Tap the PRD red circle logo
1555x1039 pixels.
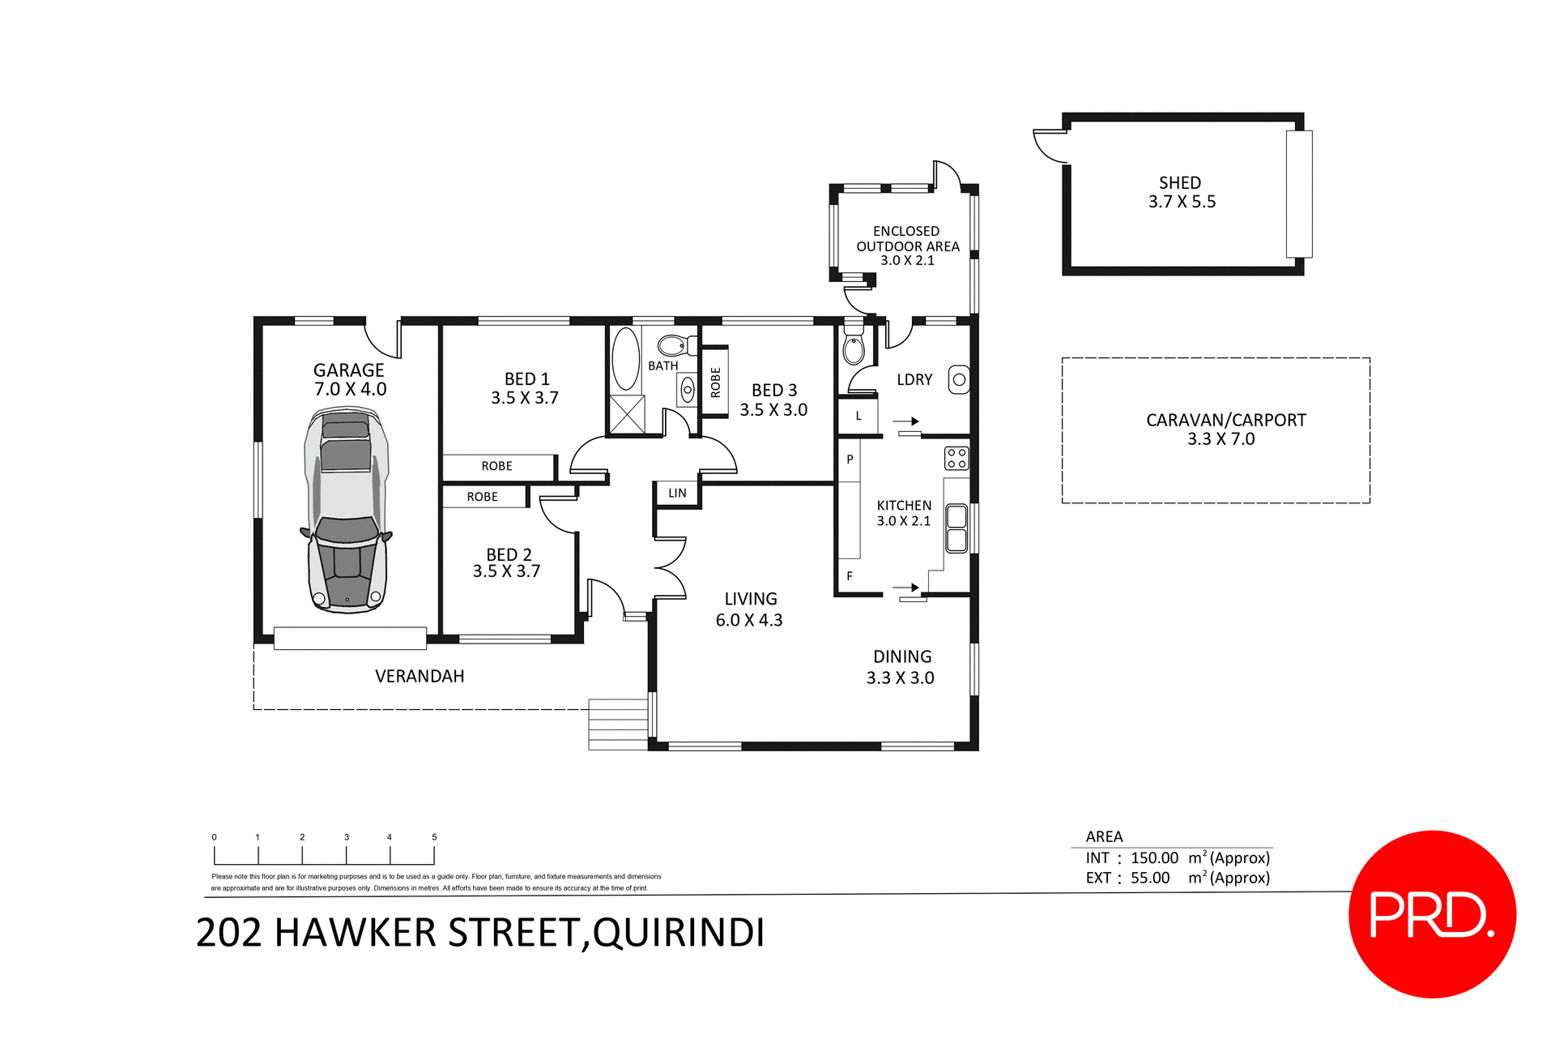[x=1431, y=914]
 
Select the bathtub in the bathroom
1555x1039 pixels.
[x=625, y=359]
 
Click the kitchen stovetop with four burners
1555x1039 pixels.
[x=956, y=458]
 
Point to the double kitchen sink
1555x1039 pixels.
[x=956, y=528]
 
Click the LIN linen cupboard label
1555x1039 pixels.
[x=677, y=493]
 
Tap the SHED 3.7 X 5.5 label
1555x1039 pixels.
[x=1182, y=193]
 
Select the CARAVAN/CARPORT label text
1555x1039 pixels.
[x=1225, y=421]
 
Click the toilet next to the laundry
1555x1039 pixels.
[x=853, y=347]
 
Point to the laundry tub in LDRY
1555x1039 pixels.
[x=959, y=379]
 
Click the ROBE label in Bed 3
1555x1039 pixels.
[x=715, y=382]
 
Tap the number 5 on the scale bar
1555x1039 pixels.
[x=434, y=837]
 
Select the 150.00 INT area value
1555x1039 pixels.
[x=1154, y=858]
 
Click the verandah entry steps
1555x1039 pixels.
[x=618, y=724]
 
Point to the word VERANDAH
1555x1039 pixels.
[x=420, y=676]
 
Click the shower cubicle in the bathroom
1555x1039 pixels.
[x=627, y=414]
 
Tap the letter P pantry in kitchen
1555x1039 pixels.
[x=850, y=460]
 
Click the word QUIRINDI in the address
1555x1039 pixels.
[x=679, y=933]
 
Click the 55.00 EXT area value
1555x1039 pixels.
[x=1150, y=878]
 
